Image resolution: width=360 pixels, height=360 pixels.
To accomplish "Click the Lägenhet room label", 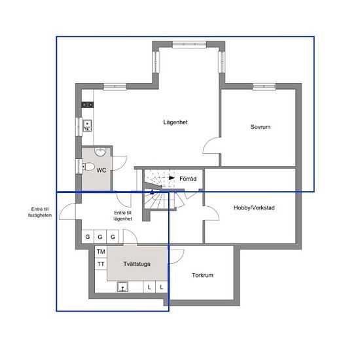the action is coord(175,122).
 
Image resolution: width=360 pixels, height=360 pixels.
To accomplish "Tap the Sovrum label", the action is coord(261,127).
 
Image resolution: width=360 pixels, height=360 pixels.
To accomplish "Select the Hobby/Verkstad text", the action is coord(254,207).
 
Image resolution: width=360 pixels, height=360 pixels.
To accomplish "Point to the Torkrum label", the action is coord(202,275).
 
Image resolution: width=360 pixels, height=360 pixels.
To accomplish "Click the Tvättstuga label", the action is coord(137,264).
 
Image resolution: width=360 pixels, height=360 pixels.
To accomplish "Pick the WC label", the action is coord(101,170).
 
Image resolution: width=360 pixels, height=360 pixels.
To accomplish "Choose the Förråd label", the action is coord(188,179).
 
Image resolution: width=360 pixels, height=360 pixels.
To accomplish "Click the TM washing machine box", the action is coord(101,251).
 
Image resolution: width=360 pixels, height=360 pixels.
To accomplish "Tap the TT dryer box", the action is coord(101,264).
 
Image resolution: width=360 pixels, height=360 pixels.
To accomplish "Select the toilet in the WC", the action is coord(88,166).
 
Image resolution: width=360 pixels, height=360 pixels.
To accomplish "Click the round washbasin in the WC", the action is coord(100,152).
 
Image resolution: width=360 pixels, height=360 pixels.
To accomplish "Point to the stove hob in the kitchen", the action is coord(88,105).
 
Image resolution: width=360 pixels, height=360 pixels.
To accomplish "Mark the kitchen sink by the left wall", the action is coord(87,126).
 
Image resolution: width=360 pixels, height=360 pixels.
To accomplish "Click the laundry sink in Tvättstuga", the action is coord(123,287).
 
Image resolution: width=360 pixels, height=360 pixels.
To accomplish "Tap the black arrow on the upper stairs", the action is coord(171,178).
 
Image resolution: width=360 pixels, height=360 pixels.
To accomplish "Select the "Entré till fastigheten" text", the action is coord(40,212).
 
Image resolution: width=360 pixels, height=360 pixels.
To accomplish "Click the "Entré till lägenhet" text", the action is coord(123,216).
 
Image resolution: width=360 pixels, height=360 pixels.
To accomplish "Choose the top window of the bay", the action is coord(189,45).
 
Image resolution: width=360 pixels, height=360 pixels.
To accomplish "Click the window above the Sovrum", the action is coord(264,86).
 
